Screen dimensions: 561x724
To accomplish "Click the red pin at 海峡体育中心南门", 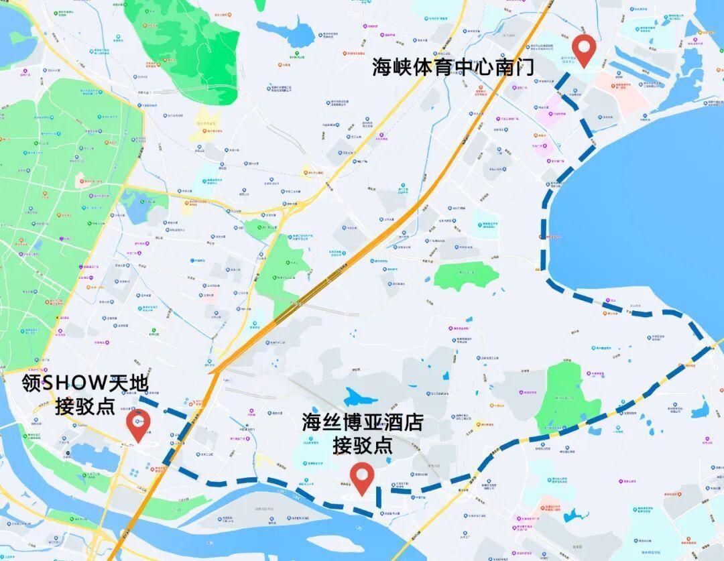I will [x=585, y=49].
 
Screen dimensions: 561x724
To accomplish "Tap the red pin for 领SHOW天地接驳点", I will [x=139, y=424].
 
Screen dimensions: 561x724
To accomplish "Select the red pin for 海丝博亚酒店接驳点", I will [x=363, y=477].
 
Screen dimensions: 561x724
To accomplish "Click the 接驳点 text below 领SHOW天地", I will [x=86, y=406].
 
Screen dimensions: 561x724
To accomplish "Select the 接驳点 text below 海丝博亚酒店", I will [x=363, y=444].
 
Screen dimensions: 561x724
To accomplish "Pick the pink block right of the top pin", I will [x=619, y=83].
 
